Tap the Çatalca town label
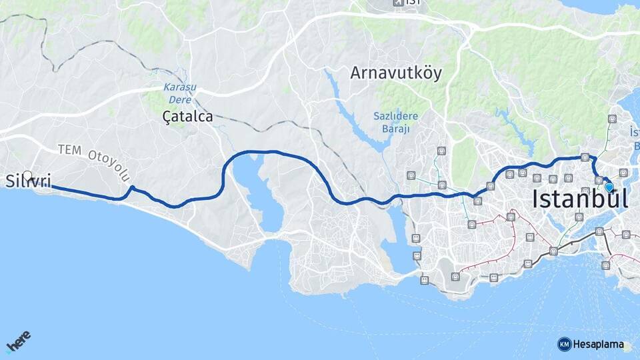(x=187, y=117)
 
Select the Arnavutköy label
(x=396, y=73)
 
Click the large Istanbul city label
(x=580, y=199)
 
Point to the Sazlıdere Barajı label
(x=395, y=122)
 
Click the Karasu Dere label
(x=179, y=93)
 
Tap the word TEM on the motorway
(x=70, y=149)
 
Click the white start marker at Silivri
(x=27, y=176)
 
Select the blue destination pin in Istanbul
(x=609, y=187)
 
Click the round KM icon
(x=564, y=344)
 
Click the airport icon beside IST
(x=398, y=3)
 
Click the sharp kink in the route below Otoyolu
(x=132, y=188)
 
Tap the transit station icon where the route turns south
(x=585, y=157)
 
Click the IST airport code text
(x=413, y=3)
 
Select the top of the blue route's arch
(x=267, y=152)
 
